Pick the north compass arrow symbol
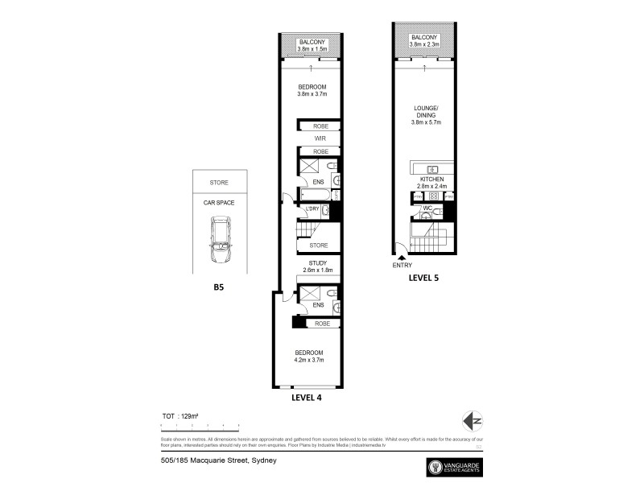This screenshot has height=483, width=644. coord(475,420)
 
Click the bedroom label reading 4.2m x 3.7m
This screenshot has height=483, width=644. coord(310,357)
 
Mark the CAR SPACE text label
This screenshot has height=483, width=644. coord(219,204)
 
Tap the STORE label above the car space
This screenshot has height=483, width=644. coord(219,183)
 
